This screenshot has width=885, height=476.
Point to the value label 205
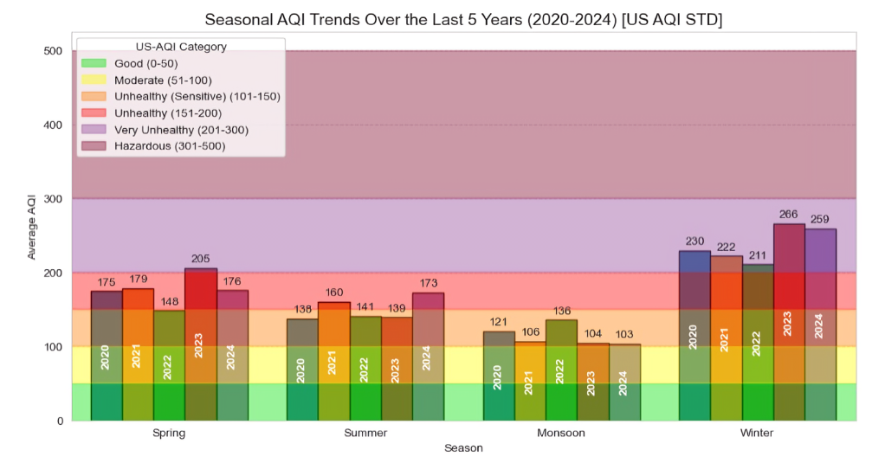click(200, 258)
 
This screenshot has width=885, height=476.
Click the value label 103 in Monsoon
click(624, 334)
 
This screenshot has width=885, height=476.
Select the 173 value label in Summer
click(427, 283)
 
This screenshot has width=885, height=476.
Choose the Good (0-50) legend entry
click(143, 63)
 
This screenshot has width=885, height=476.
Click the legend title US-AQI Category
click(181, 47)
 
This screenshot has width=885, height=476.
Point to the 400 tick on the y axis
click(53, 125)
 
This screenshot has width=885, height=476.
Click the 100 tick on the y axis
click(53, 347)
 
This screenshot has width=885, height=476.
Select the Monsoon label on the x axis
click(561, 433)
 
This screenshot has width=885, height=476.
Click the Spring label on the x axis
click(168, 433)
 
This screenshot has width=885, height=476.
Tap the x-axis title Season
click(463, 448)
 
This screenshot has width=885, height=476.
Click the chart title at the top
click(463, 18)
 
